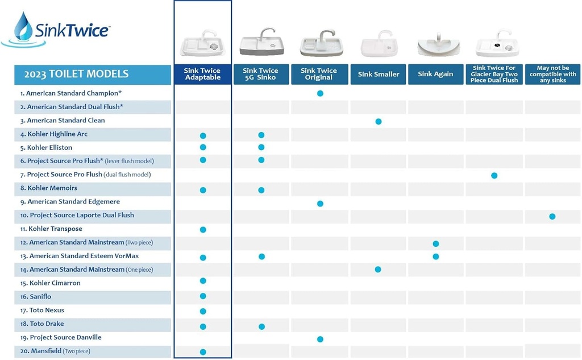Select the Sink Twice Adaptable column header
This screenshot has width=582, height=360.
click(x=202, y=74)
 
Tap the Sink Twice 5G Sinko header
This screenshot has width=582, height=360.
click(x=260, y=74)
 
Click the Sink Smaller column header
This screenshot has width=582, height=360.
click(x=379, y=75)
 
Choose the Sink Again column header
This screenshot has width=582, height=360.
click(x=435, y=75)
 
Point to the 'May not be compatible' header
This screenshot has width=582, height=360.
click(x=552, y=75)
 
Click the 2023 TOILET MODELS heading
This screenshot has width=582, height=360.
click(x=76, y=75)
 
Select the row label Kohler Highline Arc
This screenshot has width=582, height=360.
click(x=57, y=134)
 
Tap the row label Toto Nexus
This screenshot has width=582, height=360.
click(x=47, y=311)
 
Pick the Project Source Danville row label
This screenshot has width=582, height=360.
click(x=65, y=338)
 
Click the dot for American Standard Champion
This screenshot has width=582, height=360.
click(x=320, y=93)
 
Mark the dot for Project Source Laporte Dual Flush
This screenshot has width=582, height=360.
click(x=552, y=216)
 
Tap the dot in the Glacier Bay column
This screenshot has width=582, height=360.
click(x=494, y=176)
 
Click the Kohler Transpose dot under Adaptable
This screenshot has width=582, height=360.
click(x=203, y=230)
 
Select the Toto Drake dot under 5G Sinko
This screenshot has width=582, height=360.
click(x=261, y=326)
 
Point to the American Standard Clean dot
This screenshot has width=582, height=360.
click(x=379, y=121)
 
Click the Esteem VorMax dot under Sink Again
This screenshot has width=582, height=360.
click(x=436, y=256)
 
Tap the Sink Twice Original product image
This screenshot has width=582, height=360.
click(x=319, y=44)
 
